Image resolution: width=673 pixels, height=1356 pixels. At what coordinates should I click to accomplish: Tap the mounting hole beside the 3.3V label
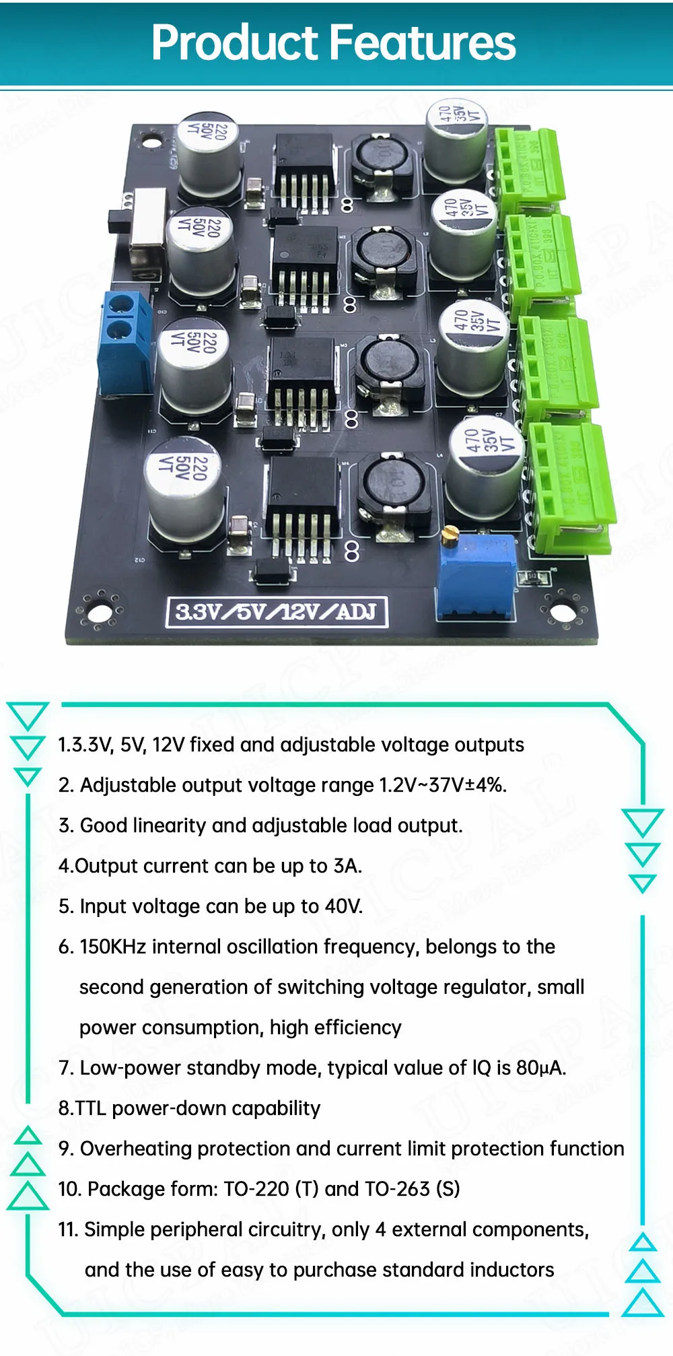point(100,613)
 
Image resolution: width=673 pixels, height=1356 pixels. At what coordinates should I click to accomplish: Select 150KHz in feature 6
point(113,947)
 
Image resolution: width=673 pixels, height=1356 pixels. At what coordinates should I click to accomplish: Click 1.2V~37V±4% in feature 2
point(442,785)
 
